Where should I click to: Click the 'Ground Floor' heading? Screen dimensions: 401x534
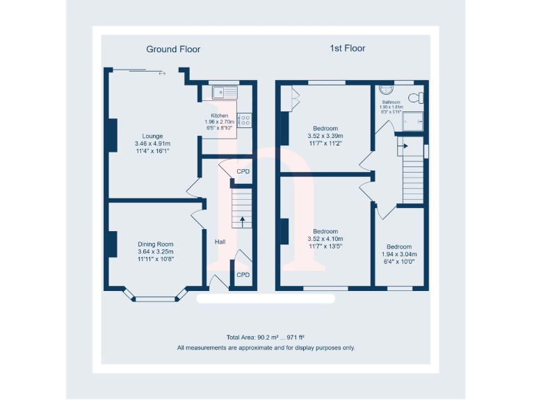tap(173, 49)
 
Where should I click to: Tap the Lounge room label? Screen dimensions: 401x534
tap(152, 136)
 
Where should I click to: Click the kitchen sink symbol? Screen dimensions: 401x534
tap(225, 92)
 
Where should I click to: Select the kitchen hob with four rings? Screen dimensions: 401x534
tap(245, 120)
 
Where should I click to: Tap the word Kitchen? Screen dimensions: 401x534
tap(220, 116)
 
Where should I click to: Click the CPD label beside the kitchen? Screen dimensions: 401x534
tap(243, 171)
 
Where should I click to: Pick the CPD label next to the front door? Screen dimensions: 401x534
tap(243, 275)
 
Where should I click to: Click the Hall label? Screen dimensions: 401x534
tap(220, 242)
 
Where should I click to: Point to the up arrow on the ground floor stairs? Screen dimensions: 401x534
tap(242, 221)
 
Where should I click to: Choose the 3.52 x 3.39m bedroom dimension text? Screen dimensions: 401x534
tap(325, 136)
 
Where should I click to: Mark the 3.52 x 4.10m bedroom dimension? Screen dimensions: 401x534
tap(325, 239)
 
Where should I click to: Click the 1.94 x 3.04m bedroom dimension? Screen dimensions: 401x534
tap(399, 254)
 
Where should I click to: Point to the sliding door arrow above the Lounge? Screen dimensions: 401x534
tap(162, 72)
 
